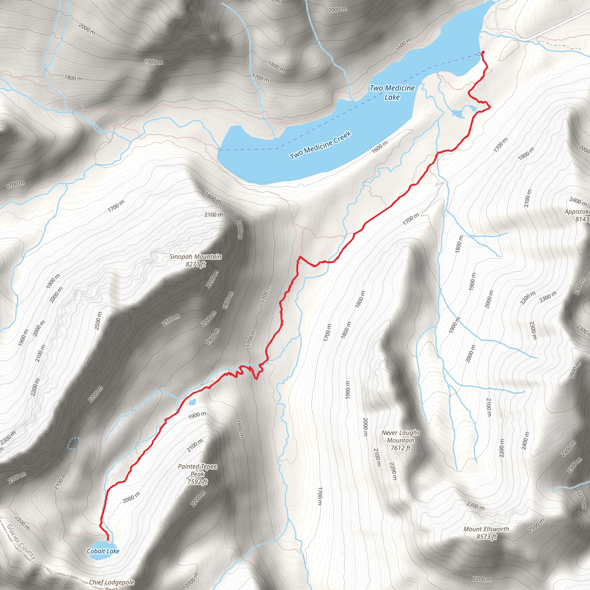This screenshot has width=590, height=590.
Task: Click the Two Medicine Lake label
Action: (x=392, y=92)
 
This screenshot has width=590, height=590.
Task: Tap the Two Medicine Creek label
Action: (x=321, y=145)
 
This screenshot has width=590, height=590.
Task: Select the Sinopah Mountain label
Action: (x=195, y=256)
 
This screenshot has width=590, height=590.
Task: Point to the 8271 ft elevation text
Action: (x=195, y=264)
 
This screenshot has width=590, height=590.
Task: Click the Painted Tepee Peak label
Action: (x=197, y=470)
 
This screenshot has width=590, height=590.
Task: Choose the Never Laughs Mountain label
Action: (x=400, y=436)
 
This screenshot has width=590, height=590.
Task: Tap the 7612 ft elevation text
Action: (x=400, y=448)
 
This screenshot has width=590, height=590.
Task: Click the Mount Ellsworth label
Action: (x=486, y=529)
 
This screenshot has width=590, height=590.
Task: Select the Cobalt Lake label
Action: (x=103, y=551)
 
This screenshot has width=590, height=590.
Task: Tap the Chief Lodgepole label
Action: (x=112, y=582)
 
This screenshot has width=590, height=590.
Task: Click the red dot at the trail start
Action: (x=483, y=52)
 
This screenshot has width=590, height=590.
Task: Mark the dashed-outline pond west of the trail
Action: (x=73, y=443)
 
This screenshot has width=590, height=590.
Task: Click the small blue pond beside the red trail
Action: (x=192, y=402)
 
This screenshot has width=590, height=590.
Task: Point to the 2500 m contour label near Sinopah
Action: (x=98, y=321)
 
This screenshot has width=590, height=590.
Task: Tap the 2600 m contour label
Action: (x=575, y=370)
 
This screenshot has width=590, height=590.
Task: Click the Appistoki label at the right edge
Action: (x=577, y=212)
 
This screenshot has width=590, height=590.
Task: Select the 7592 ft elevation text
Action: (x=198, y=482)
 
